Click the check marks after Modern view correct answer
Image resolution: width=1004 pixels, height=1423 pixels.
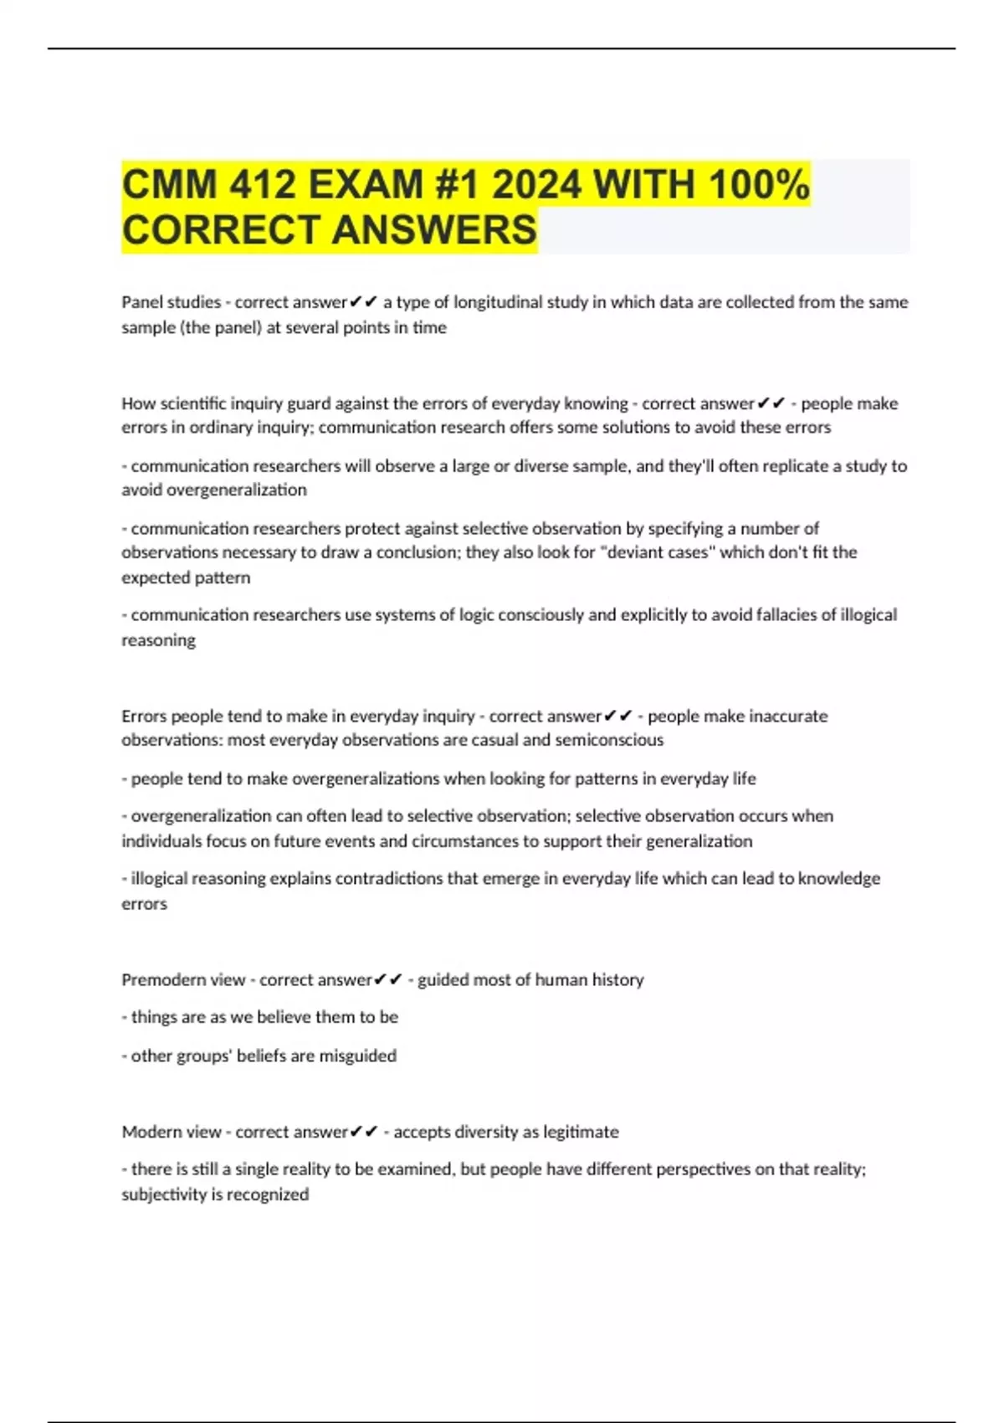[364, 1133]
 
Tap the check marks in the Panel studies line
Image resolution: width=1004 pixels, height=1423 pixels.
[364, 302]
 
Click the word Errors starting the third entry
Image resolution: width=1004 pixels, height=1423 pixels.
[144, 717]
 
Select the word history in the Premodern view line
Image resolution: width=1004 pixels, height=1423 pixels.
[617, 980]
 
